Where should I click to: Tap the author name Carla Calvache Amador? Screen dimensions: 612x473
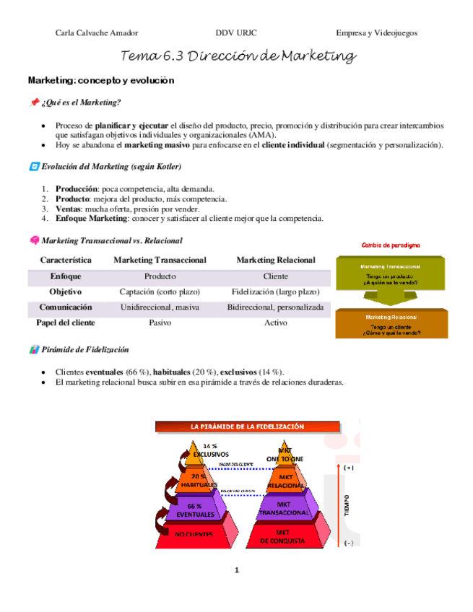point(97,32)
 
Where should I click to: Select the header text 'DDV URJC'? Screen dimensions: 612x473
point(236,32)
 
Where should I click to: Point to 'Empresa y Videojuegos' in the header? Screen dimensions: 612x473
point(376,32)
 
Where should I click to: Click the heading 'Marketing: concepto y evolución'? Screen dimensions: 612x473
point(101,80)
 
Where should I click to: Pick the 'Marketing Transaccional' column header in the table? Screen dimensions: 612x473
point(160,260)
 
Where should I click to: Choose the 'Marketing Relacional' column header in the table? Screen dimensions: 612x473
point(276,260)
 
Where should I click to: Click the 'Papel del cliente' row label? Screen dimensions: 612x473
point(66,323)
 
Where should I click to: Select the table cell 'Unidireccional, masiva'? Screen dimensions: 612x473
point(160,307)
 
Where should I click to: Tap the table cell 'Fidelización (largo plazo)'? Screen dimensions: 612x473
point(276,292)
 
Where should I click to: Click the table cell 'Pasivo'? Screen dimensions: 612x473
point(160,323)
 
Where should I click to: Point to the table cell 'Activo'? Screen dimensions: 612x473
point(276,323)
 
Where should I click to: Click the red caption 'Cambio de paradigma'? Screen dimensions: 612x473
point(391,245)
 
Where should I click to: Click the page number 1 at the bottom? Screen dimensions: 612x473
point(236,571)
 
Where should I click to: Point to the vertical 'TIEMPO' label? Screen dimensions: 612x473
point(348,504)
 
